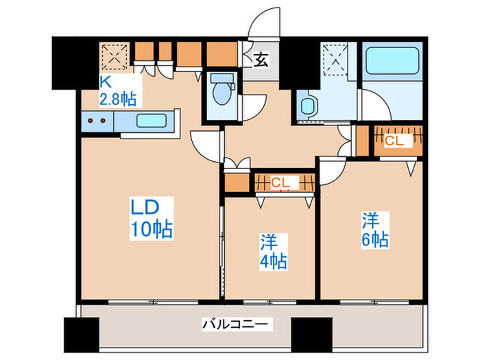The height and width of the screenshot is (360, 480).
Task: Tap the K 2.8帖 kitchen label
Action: pyautogui.click(x=117, y=91)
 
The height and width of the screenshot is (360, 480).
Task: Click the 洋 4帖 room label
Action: pyautogui.click(x=272, y=252)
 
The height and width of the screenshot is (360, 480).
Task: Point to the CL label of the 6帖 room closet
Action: pyautogui.click(x=394, y=141)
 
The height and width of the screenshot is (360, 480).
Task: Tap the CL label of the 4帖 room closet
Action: pyautogui.click(x=280, y=182)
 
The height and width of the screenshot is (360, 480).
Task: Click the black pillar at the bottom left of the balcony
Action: pyautogui.click(x=77, y=335)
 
